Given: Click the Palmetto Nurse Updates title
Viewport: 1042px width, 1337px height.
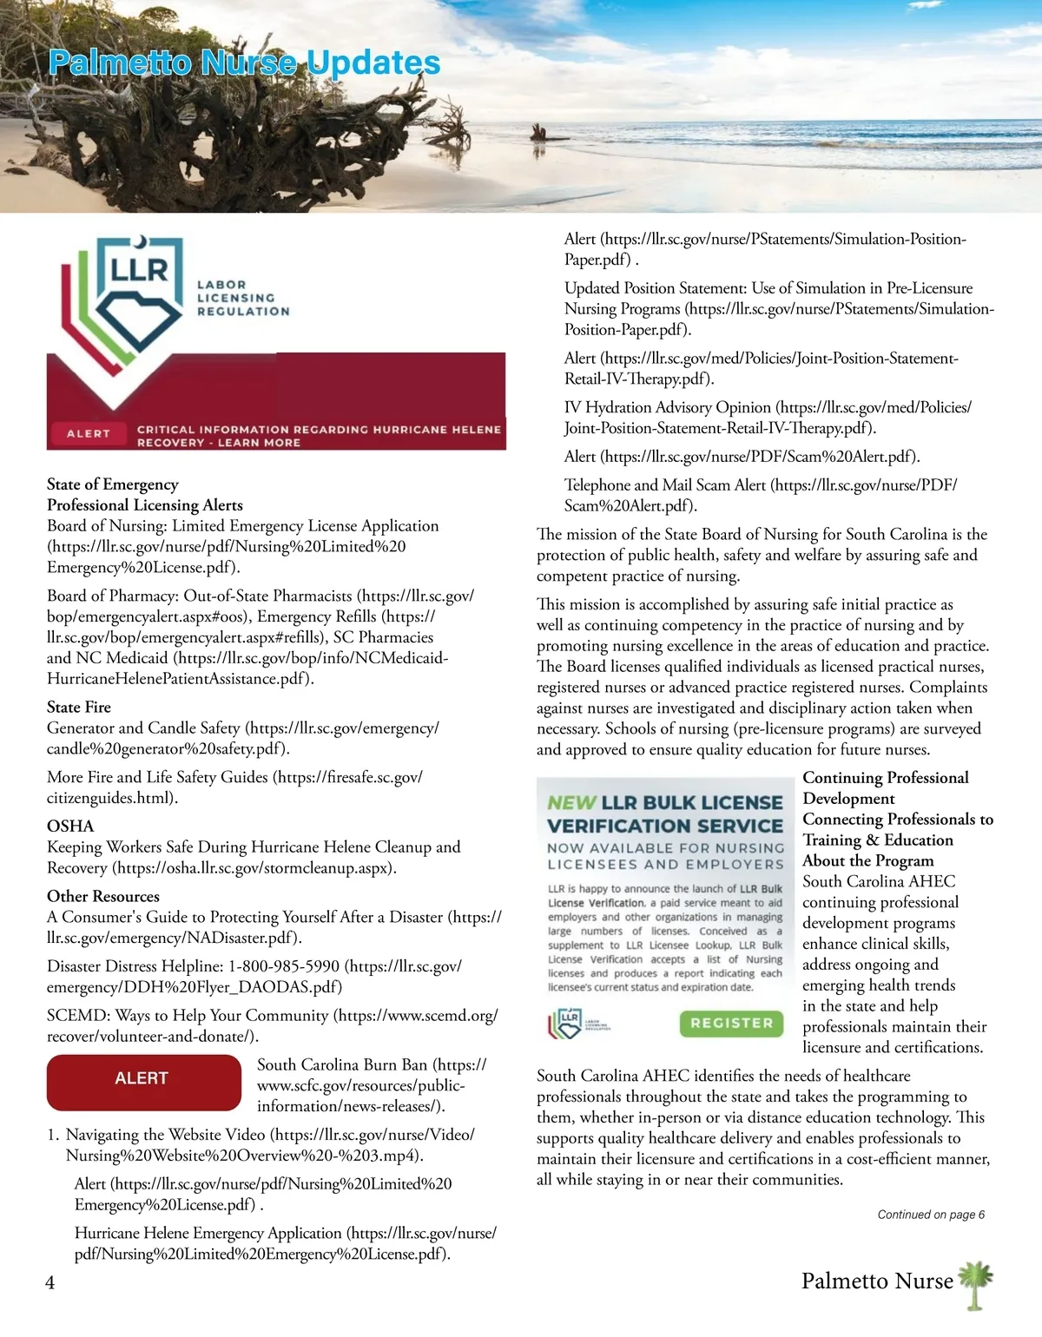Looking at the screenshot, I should pyautogui.click(x=244, y=63).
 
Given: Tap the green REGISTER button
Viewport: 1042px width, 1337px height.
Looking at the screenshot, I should pyautogui.click(x=731, y=1024).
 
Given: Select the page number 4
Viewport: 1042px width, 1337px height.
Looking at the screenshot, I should pyautogui.click(x=50, y=1282).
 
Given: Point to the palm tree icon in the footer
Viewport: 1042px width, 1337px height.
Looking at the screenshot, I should pyautogui.click(x=977, y=1284).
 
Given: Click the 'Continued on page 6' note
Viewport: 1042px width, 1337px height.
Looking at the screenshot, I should pyautogui.click(x=931, y=1215).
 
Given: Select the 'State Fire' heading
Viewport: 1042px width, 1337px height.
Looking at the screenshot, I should pyautogui.click(x=79, y=707).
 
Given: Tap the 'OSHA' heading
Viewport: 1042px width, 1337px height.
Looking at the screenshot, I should pyautogui.click(x=70, y=826).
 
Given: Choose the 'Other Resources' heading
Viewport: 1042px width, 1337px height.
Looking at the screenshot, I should pyautogui.click(x=103, y=896).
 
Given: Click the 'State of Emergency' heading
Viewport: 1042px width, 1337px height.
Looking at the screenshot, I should pyautogui.click(x=113, y=484).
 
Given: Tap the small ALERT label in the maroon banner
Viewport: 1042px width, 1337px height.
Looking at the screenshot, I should pyautogui.click(x=89, y=433).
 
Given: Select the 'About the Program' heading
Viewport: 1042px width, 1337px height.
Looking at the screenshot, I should pyautogui.click(x=868, y=860).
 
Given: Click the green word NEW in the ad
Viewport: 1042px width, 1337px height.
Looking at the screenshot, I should pyautogui.click(x=571, y=803).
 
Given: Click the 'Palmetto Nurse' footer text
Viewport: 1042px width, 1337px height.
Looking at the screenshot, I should pyautogui.click(x=877, y=1281).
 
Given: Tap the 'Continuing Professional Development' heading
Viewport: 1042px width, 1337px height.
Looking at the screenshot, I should pyautogui.click(x=886, y=787).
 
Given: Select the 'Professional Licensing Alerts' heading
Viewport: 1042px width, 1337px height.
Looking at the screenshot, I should pyautogui.click(x=145, y=505).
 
